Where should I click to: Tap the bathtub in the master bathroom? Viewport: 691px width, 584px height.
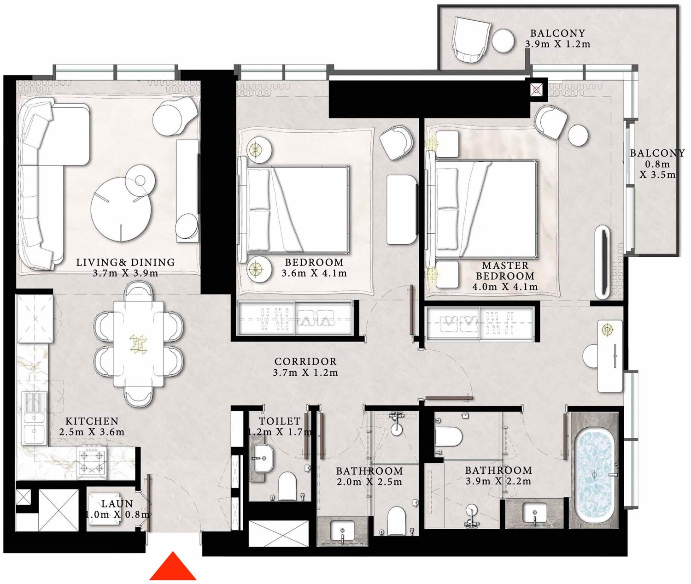click(594, 475)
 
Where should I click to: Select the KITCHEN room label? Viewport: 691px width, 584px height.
click(92, 421)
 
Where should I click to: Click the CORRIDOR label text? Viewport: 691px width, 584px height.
click(305, 362)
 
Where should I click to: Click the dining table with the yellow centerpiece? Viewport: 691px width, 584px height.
click(139, 344)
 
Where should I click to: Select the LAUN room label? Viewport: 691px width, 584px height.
click(117, 504)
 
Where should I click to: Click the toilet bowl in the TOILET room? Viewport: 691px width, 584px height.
click(287, 486)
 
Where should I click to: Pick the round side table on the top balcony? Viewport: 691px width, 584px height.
click(503, 41)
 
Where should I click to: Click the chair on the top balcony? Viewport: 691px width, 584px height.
click(471, 39)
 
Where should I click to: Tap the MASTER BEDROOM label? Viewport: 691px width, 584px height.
click(505, 271)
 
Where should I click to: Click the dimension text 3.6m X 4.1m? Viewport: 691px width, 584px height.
click(314, 273)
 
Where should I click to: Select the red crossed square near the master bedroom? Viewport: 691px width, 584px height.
click(536, 89)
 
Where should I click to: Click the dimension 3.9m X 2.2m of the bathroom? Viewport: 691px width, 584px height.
click(498, 482)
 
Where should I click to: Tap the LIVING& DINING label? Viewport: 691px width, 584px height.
click(125, 262)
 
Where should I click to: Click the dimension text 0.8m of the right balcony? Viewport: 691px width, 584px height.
click(657, 164)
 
